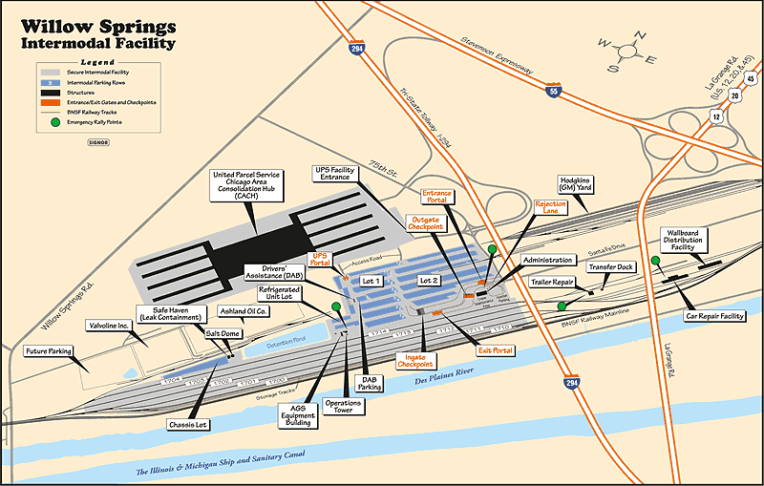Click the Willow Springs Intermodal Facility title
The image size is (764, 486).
pos(95,33)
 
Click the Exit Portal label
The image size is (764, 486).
pos(496,350)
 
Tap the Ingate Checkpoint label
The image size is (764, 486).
pos(414,360)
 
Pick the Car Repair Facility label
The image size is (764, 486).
pos(713,314)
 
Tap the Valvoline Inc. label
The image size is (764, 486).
pos(108,326)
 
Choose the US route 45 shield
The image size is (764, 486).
pos(752,78)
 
